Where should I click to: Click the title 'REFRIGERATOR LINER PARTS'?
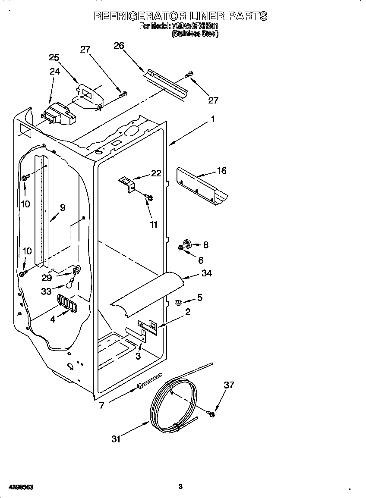[180, 16]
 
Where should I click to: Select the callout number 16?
[221, 170]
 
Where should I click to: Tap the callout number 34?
[207, 273]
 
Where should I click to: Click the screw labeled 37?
[211, 414]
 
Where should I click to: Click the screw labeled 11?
[149, 197]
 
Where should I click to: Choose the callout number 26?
[119, 45]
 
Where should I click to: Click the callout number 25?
[54, 57]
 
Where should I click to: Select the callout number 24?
[54, 72]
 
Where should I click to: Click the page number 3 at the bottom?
[180, 487]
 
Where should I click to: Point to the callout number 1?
[212, 119]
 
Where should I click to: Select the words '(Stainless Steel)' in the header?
[195, 34]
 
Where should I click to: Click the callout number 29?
[47, 278]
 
